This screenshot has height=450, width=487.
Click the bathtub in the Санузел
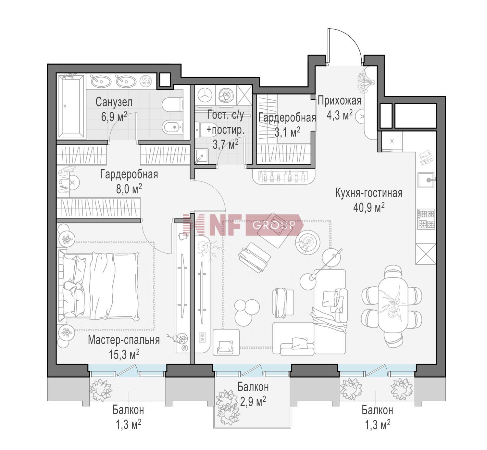[72, 106]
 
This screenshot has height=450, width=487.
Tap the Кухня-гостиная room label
[369, 193]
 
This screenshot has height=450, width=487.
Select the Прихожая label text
[339, 101]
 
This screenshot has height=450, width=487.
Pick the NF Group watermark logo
[242, 224]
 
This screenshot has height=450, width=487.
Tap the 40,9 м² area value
[369, 207]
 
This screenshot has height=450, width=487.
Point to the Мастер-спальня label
[124, 340]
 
